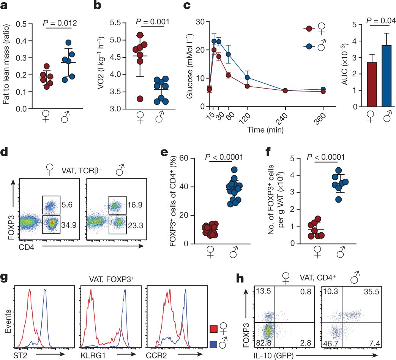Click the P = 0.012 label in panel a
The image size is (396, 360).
pyautogui.click(x=60, y=24)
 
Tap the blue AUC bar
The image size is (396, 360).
pyautogui.click(x=387, y=76)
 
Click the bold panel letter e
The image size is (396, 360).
pyautogui.click(x=164, y=153)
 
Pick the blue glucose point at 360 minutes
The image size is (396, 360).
pyautogui.click(x=323, y=89)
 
